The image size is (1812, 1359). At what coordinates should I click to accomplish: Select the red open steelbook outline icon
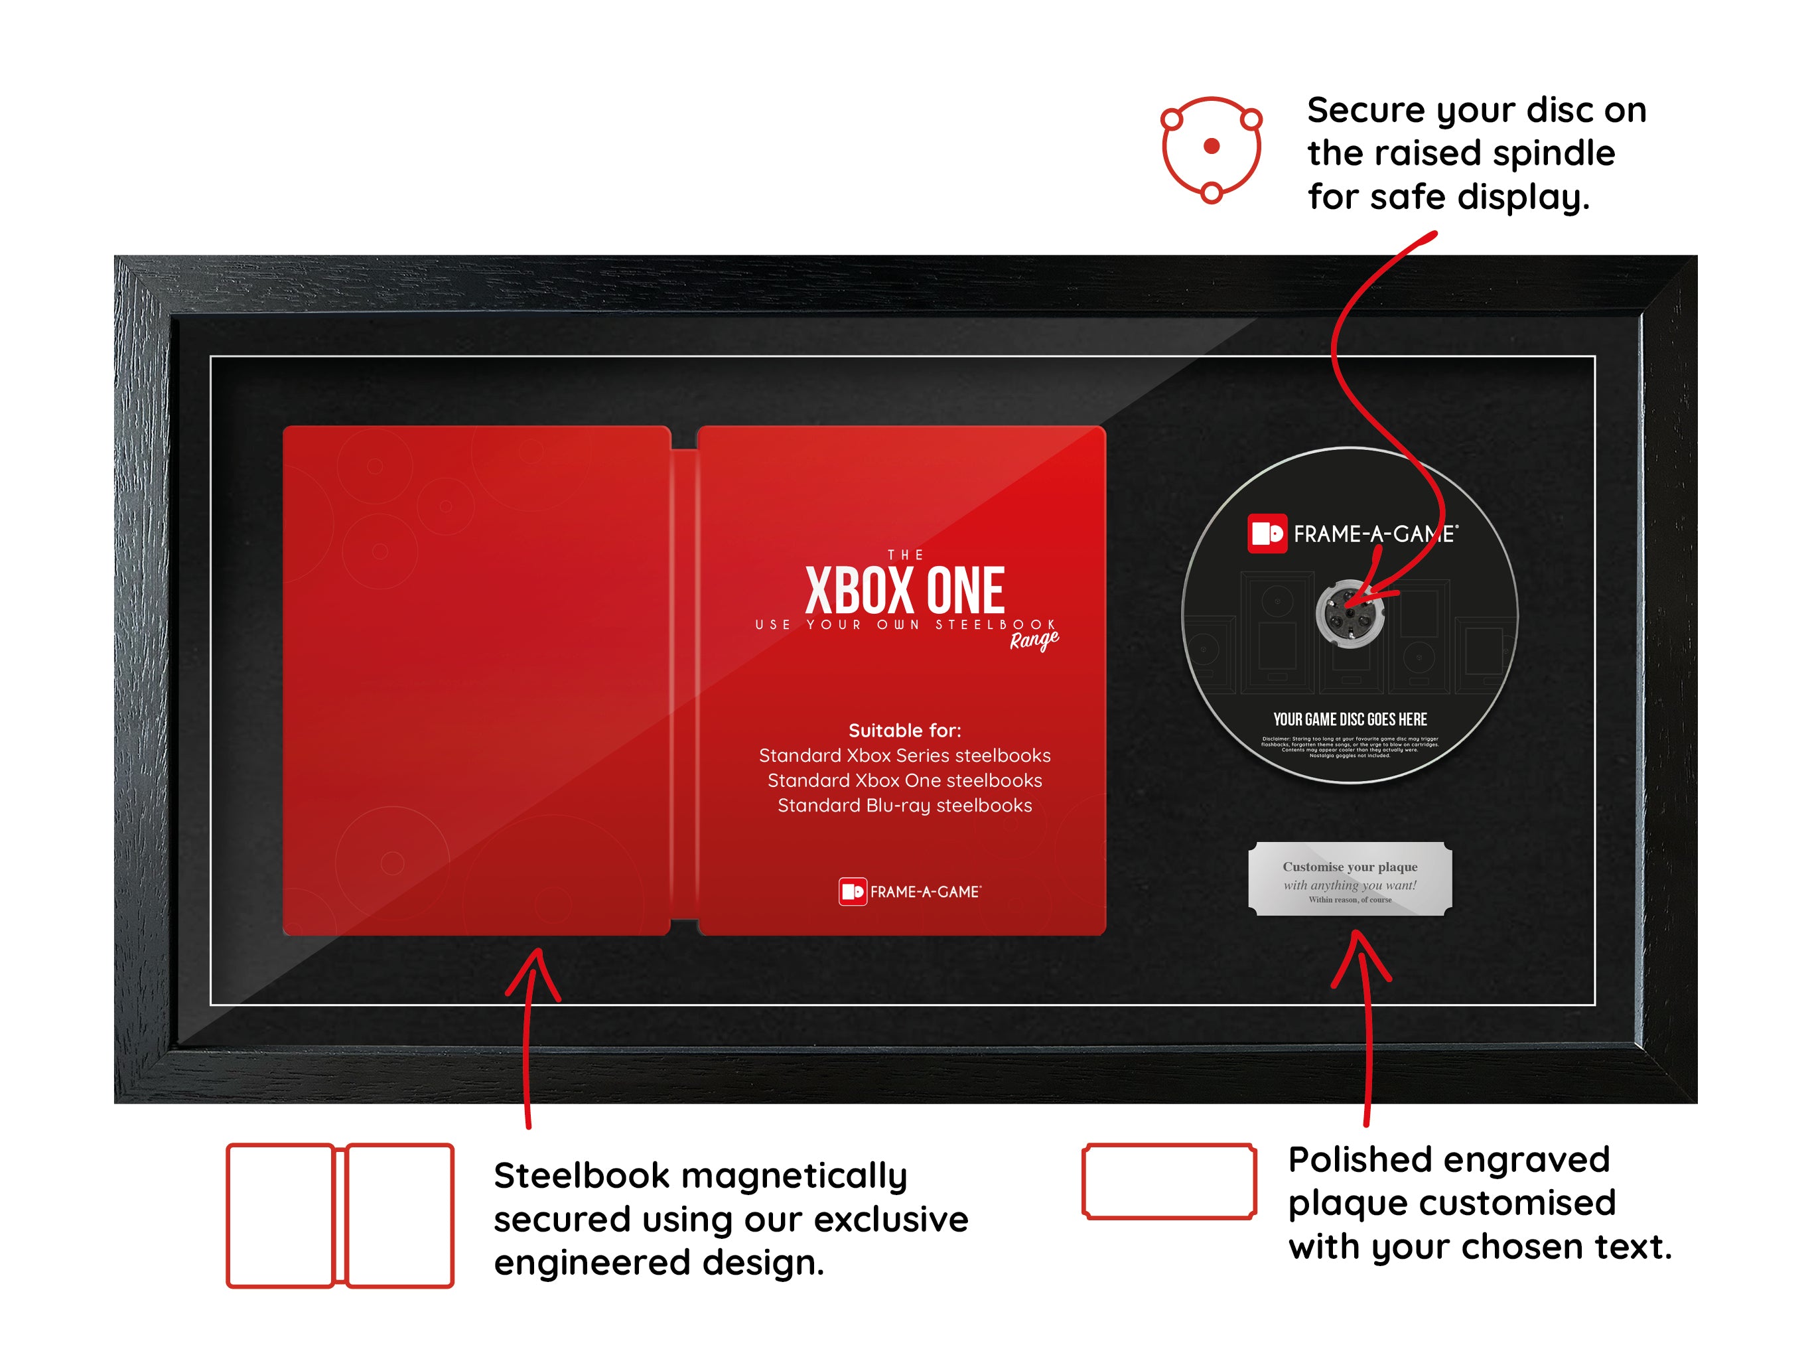tap(340, 1215)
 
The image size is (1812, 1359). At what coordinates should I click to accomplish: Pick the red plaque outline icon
tap(1169, 1180)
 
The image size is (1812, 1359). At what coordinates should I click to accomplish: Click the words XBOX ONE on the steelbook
tap(904, 591)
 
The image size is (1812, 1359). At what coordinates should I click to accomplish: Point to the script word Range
tap(1033, 640)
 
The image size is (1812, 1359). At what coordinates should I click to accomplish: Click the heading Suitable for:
tap(904, 730)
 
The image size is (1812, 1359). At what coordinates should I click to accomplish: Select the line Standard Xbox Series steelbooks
tap(904, 755)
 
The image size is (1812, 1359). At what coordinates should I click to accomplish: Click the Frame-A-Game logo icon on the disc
tap(1267, 534)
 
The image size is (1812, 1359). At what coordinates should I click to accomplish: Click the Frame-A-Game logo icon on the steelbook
tap(852, 891)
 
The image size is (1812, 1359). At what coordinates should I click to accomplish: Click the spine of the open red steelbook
tap(684, 680)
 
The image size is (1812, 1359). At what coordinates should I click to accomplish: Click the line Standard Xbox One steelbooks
tap(904, 780)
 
